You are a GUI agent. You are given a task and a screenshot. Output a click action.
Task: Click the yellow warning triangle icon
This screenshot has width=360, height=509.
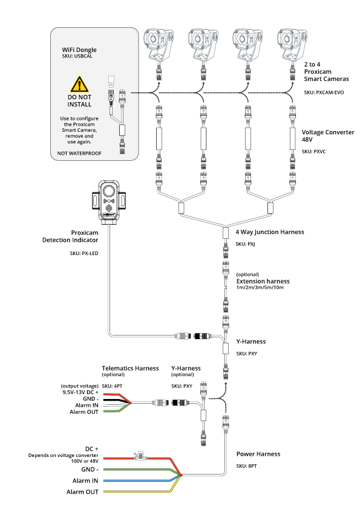tap(79, 84)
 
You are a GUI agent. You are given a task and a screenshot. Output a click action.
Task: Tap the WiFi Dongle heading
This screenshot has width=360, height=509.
tap(79, 50)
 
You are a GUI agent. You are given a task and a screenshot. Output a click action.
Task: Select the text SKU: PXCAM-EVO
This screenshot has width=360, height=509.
tap(324, 92)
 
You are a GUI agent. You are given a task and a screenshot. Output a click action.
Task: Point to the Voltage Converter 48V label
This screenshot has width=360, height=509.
tap(328, 135)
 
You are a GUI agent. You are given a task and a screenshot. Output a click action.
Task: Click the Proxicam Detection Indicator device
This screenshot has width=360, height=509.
tap(109, 201)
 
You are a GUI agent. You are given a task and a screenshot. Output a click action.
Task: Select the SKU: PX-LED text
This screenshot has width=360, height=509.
tap(84, 253)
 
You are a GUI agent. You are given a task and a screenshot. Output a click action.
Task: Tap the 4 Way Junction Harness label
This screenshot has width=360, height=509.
tap(270, 232)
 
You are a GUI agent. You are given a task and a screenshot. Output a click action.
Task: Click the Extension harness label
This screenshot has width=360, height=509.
tap(263, 281)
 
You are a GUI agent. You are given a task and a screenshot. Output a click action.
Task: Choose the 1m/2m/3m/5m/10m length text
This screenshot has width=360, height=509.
tap(260, 287)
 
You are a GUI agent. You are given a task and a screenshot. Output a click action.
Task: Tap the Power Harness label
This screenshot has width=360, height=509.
tap(258, 454)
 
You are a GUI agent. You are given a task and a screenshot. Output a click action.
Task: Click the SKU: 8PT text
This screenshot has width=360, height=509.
tap(246, 466)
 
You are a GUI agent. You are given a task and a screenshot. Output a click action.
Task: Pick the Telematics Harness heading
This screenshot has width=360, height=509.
tap(130, 368)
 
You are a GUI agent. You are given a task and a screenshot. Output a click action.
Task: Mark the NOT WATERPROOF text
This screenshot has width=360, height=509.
tap(79, 153)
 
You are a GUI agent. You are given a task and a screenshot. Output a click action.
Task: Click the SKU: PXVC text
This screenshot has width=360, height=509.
tap(313, 151)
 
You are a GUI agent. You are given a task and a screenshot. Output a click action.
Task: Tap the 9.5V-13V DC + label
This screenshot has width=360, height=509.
tap(80, 392)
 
